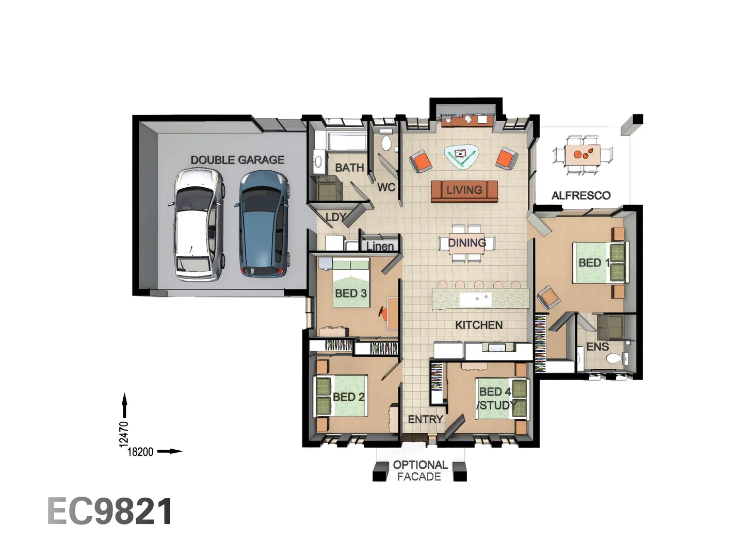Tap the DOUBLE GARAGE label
pyautogui.click(x=237, y=160)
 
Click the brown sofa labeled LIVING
pyautogui.click(x=464, y=191)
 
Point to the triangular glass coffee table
pyautogui.click(x=461, y=156)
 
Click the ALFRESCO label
pyautogui.click(x=580, y=195)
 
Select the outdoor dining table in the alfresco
pyautogui.click(x=582, y=154)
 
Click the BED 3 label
pyautogui.click(x=351, y=293)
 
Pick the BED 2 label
pyautogui.click(x=349, y=397)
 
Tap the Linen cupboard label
pyautogui.click(x=380, y=247)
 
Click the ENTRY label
pyautogui.click(x=425, y=419)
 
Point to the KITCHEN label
pyautogui.click(x=479, y=325)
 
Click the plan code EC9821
pyautogui.click(x=110, y=512)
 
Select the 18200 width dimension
pyautogui.click(x=140, y=452)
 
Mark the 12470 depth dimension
pyautogui.click(x=123, y=433)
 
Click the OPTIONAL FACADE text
pyautogui.click(x=420, y=471)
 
